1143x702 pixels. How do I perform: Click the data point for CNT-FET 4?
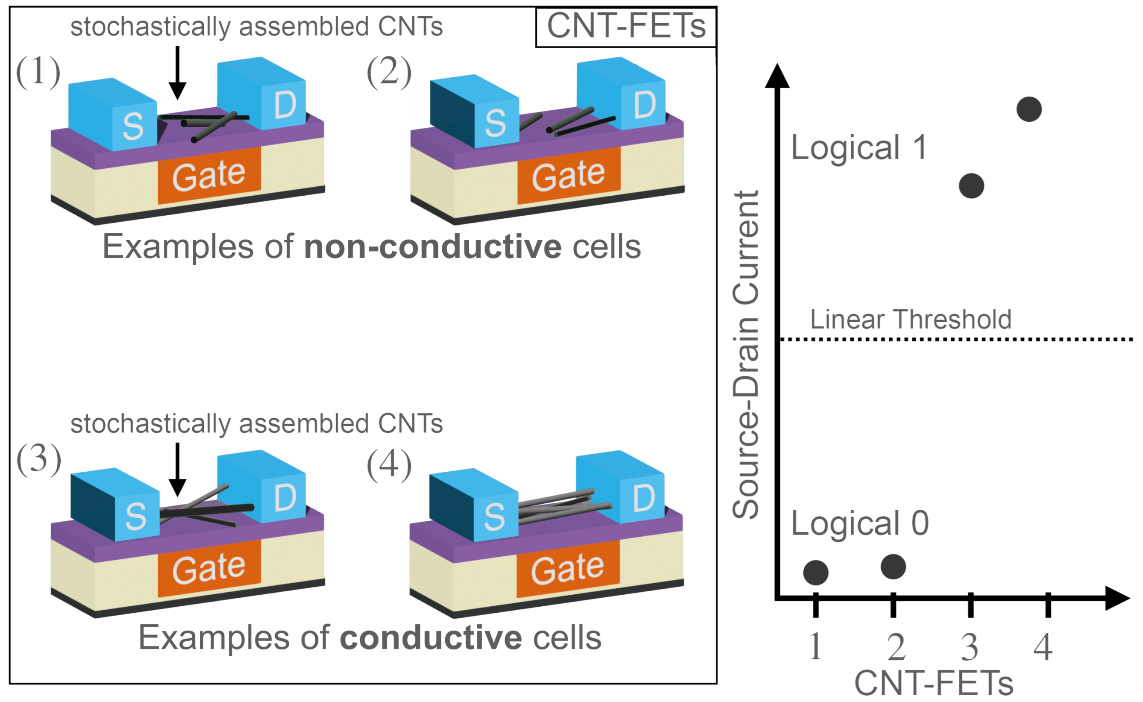1029,109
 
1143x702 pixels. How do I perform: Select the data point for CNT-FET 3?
971,186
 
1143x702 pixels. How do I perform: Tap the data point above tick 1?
816,573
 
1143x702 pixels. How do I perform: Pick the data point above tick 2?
893,567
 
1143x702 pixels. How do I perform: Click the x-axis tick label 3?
970,647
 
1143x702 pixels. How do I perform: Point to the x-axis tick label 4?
1043,647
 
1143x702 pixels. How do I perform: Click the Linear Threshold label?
911,320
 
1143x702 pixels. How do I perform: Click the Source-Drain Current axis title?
746,355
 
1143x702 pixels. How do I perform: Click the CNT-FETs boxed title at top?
626,26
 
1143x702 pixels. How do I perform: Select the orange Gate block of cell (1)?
209,176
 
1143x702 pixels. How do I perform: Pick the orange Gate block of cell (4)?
567,569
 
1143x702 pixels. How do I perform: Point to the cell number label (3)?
38,460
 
